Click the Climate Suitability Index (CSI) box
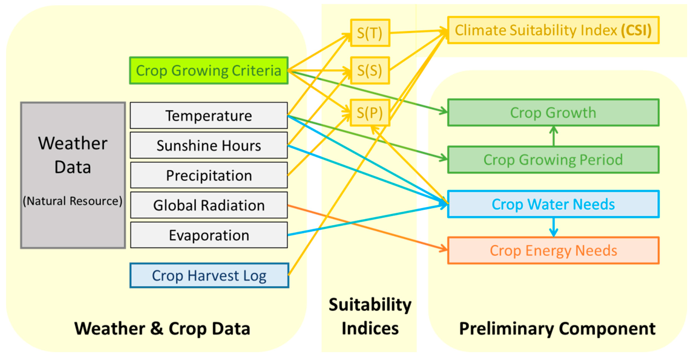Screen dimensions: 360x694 pyautogui.click(x=553, y=30)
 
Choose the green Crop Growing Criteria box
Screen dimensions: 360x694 pyautogui.click(x=209, y=70)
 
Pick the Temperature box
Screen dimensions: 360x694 pyautogui.click(x=209, y=116)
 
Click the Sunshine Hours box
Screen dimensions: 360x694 pyautogui.click(x=209, y=146)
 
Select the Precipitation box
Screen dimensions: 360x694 pyautogui.click(x=209, y=175)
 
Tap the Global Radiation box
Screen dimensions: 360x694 pyautogui.click(x=209, y=205)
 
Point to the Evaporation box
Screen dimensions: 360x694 pyautogui.click(x=209, y=235)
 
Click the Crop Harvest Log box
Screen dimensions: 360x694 pyautogui.click(x=209, y=276)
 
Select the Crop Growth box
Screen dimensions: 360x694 pyautogui.click(x=553, y=113)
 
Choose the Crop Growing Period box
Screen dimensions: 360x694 pyautogui.click(x=553, y=160)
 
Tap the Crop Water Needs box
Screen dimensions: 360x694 pyautogui.click(x=553, y=204)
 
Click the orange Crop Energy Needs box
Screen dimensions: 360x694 pyautogui.click(x=553, y=251)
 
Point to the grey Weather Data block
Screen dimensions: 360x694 pyautogui.click(x=73, y=175)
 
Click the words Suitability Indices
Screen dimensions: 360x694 pyautogui.click(x=370, y=317)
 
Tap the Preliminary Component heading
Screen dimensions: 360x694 pyautogui.click(x=557, y=329)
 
